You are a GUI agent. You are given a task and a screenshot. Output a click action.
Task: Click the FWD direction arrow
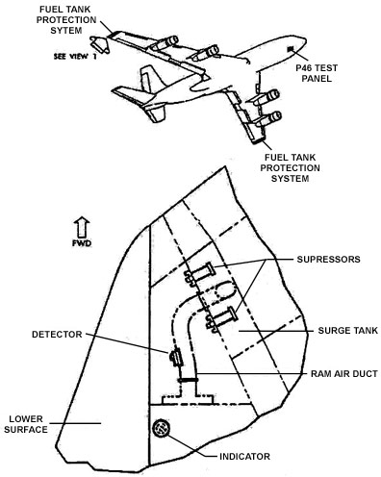point(82,227)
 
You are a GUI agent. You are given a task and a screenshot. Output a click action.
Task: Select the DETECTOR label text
point(57,335)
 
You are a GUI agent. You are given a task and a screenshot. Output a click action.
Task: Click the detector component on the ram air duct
point(175,358)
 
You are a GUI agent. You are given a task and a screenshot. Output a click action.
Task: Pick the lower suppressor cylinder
point(222,317)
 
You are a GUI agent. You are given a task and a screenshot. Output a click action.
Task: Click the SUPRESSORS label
point(328,259)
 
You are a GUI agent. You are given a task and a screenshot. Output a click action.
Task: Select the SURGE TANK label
point(348,331)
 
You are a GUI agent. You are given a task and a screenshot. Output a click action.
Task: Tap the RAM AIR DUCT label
point(344,374)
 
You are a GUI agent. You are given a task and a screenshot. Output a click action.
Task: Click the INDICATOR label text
point(244,457)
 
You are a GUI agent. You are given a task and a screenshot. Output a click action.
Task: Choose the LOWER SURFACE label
point(26,424)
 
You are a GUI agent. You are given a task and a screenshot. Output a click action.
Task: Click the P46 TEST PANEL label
point(317,73)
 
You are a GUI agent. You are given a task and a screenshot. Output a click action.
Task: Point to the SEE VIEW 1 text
point(75,57)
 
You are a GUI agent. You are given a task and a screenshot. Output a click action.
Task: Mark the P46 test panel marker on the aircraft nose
point(291,49)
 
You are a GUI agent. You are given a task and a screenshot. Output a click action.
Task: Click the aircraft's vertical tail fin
point(150,79)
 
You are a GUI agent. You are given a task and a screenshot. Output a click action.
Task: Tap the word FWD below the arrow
point(82,243)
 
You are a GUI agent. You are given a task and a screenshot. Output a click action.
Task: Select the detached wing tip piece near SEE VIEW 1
point(99,44)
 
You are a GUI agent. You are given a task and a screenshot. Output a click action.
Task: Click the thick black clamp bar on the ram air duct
point(189,380)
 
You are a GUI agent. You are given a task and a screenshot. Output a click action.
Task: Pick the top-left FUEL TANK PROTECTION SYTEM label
point(66,20)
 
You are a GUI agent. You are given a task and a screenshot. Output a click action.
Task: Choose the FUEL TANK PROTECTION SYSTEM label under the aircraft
point(290,168)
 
